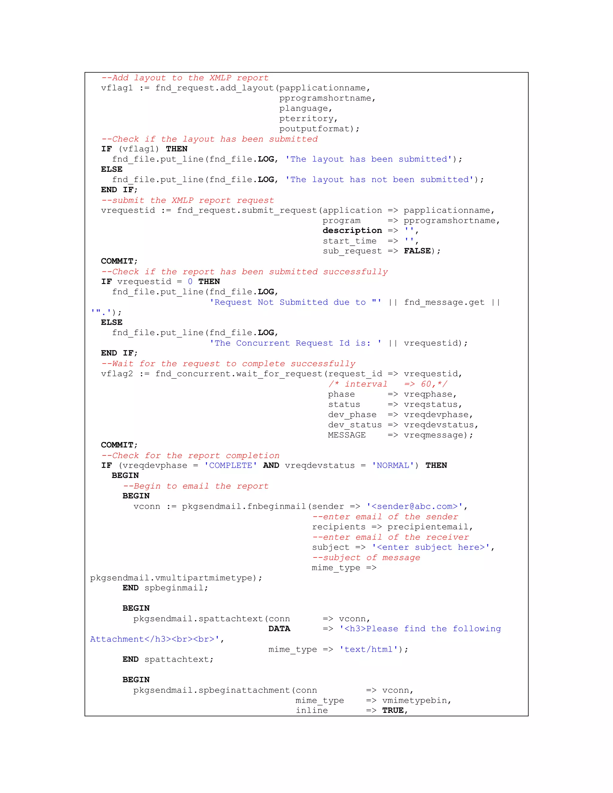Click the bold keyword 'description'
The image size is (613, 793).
(352, 230)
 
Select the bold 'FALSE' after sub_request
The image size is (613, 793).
(417, 251)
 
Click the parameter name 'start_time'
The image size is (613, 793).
(349, 241)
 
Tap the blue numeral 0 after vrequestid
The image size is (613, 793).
(190, 282)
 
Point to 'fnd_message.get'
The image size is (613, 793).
(444, 303)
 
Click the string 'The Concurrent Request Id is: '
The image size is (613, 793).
(296, 343)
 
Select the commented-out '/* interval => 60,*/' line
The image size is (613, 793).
(388, 384)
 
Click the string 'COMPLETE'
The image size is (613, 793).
(230, 466)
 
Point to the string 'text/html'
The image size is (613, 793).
(368, 649)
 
